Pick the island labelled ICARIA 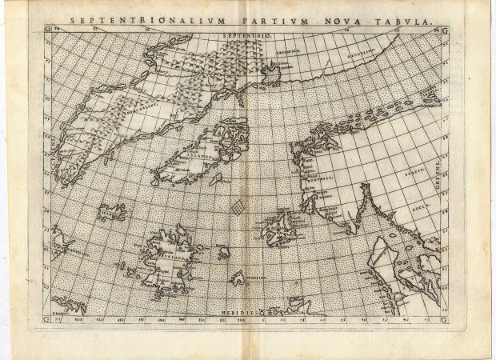coord(112,213)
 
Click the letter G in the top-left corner coord(47,30)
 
